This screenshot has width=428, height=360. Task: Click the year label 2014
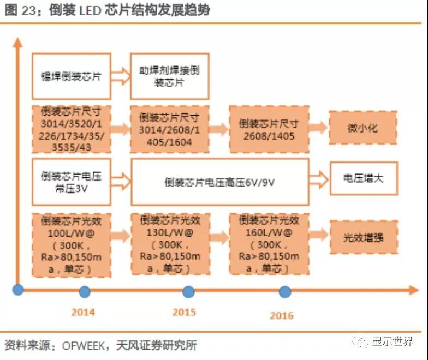[x=83, y=312]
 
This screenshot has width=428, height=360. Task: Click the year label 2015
[x=184, y=312]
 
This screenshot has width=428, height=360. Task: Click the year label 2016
[x=281, y=315]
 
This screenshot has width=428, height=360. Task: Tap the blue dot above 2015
[x=188, y=291]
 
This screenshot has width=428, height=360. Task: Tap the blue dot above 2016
[x=285, y=291]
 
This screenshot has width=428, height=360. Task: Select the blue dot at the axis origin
[x=19, y=289]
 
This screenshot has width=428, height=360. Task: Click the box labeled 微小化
[x=362, y=129]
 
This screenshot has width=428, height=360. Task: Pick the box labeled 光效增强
[x=362, y=238]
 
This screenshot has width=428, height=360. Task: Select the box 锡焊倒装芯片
[x=72, y=76]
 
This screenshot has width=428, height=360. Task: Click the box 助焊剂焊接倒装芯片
[x=169, y=76]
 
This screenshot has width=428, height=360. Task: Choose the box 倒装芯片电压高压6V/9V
[x=219, y=182]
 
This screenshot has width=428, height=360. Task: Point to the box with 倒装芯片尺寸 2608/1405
[x=269, y=129]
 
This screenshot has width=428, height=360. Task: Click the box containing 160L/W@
[x=269, y=244]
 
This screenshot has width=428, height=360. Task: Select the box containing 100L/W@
[x=72, y=244]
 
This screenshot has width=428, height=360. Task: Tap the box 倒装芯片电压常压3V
[x=72, y=182]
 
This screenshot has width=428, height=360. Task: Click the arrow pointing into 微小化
[x=318, y=129]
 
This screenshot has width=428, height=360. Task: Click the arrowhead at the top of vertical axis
[x=18, y=43]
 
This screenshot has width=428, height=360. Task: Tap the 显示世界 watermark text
[x=393, y=341]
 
